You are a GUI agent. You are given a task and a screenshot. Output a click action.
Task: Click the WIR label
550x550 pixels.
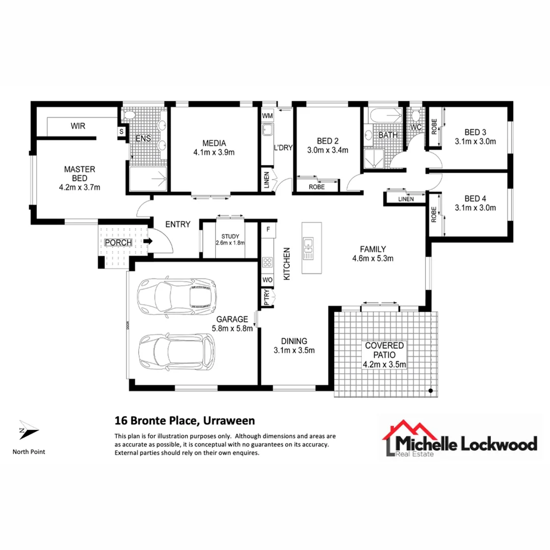[78, 125]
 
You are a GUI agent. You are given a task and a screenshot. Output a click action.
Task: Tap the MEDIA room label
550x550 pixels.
[213, 143]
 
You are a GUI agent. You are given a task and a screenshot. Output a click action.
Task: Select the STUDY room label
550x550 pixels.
[230, 236]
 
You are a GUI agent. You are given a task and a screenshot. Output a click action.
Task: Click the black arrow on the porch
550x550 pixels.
[148, 242]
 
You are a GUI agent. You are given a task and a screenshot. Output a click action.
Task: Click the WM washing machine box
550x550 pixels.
[267, 116]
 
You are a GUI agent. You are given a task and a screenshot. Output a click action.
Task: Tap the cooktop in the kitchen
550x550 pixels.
[267, 263]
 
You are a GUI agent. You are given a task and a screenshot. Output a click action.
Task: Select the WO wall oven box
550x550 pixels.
[267, 280]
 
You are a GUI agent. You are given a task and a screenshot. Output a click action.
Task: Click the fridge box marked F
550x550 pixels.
[268, 230]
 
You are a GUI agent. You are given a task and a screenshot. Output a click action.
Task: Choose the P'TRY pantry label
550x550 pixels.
[266, 297]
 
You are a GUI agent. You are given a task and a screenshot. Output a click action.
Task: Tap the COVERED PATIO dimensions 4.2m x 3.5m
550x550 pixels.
[384, 364]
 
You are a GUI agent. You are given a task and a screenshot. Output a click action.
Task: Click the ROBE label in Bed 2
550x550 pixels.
[317, 187]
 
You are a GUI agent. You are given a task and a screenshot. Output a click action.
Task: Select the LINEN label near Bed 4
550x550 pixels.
[406, 199]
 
